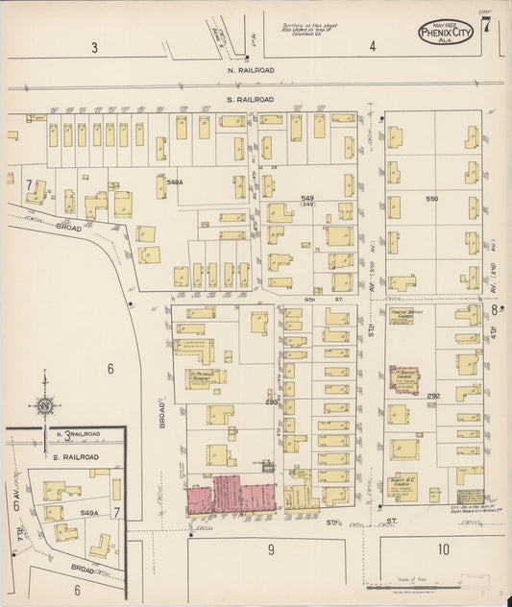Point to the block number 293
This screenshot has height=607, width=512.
273,403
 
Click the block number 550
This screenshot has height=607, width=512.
430,198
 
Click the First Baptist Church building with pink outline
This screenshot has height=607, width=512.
403,380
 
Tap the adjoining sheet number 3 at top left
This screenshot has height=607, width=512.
94,47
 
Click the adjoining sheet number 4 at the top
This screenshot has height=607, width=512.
372,47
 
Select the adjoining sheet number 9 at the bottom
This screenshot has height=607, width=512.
272,549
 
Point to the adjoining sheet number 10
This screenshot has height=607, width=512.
443,549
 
